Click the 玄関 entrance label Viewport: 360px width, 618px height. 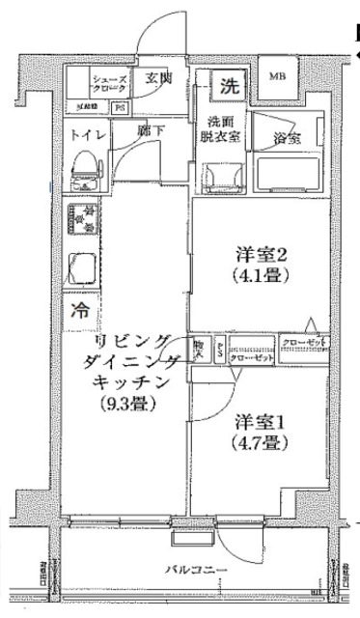[158, 79]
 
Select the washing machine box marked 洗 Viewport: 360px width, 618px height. [228, 83]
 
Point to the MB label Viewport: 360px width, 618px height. [277, 75]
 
